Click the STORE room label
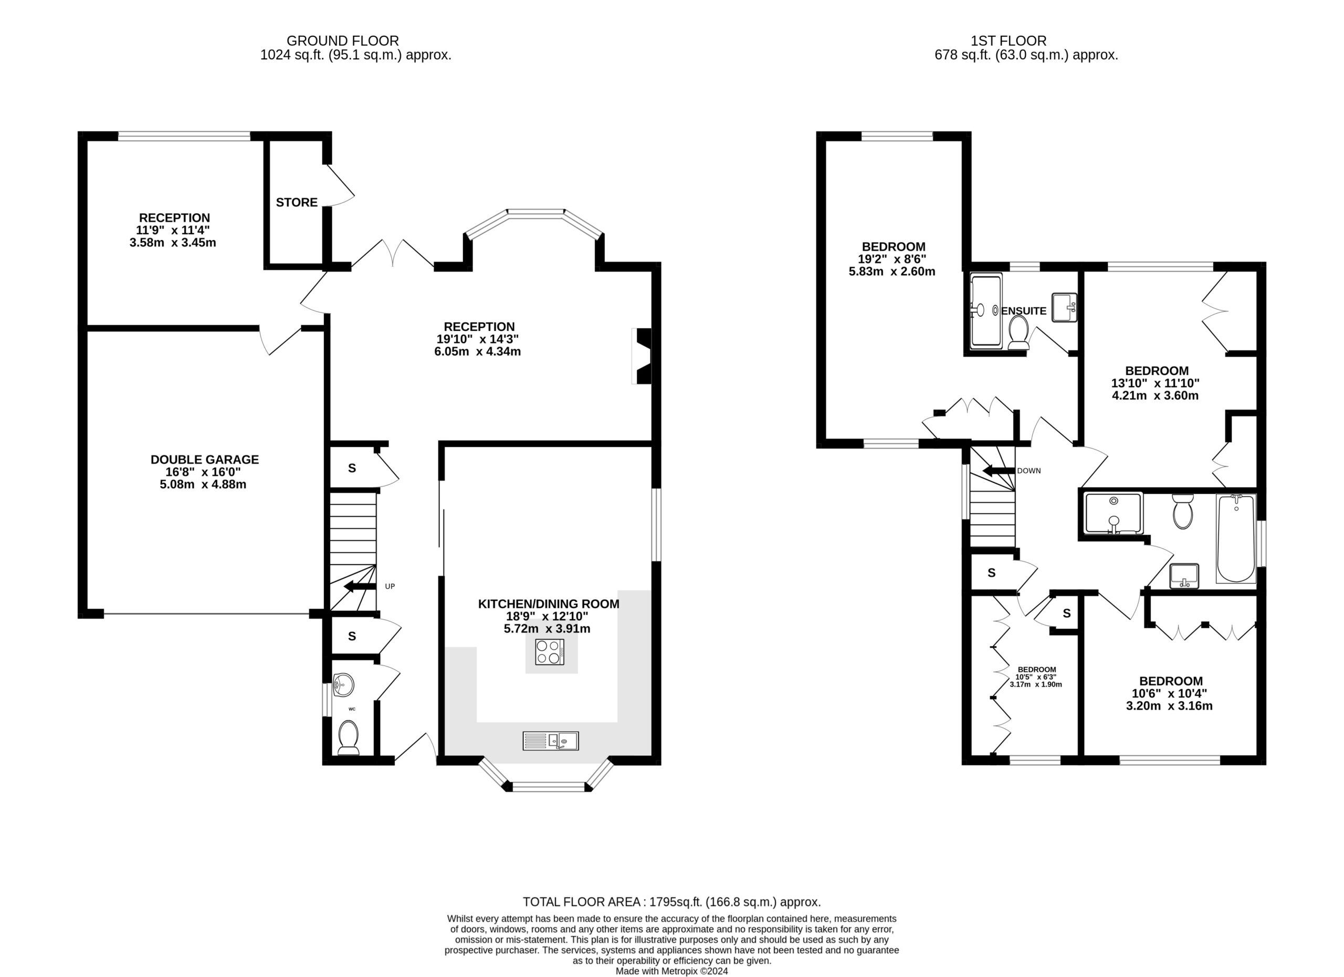(297, 203)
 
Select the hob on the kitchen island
(549, 652)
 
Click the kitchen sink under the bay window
(551, 741)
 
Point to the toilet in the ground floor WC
(349, 738)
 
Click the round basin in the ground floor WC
(343, 685)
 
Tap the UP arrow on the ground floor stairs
(360, 587)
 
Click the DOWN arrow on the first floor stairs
(999, 471)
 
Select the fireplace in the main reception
(643, 356)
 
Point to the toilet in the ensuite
(1018, 332)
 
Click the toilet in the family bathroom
(1182, 512)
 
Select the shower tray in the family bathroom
(1114, 513)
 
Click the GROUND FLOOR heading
(342, 41)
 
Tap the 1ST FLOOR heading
(1009, 41)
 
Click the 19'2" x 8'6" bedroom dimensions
(892, 259)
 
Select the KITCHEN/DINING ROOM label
(549, 604)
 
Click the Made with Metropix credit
(671, 971)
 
